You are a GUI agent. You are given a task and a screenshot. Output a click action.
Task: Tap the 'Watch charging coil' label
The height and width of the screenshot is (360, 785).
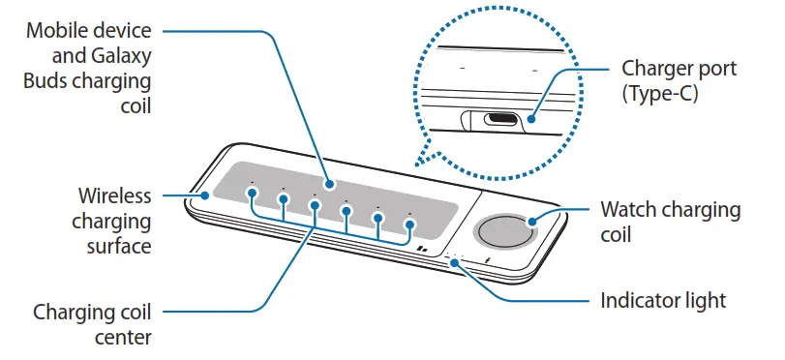(x=670, y=222)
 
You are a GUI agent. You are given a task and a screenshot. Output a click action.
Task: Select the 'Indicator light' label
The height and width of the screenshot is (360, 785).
(x=663, y=301)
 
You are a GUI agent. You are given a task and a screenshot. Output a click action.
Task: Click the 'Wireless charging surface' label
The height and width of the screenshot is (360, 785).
(x=114, y=222)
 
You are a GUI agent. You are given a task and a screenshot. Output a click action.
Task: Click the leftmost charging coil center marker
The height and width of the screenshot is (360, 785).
(x=252, y=192)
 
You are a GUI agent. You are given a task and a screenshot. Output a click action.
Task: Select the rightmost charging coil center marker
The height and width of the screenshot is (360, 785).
(x=409, y=225)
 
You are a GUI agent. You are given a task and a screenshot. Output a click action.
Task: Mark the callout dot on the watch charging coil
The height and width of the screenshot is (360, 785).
(x=531, y=223)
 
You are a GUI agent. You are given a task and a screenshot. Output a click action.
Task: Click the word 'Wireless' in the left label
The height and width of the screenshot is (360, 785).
(x=114, y=196)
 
